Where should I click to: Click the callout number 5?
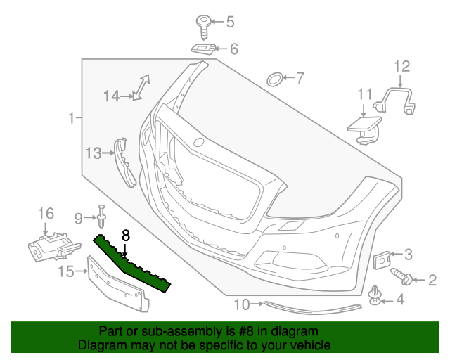[x=230, y=22]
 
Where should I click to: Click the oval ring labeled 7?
[x=275, y=78]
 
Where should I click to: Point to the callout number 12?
[x=401, y=67]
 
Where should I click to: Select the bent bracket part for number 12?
[x=397, y=98]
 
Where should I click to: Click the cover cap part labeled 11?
[x=363, y=127]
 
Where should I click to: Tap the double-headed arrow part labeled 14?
[x=141, y=88]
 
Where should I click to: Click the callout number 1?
[x=70, y=119]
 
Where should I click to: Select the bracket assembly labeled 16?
[x=49, y=246]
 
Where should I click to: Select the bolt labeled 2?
[x=401, y=276]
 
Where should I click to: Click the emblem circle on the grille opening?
[x=199, y=143]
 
